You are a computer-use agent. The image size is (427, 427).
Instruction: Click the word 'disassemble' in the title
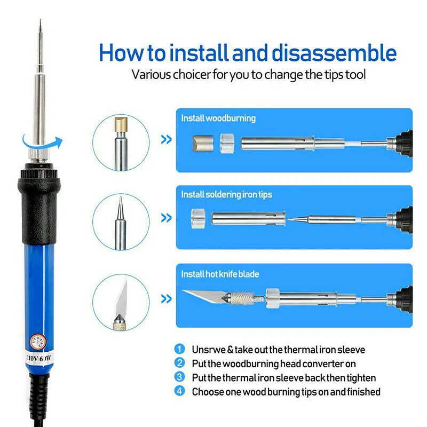tap(334, 52)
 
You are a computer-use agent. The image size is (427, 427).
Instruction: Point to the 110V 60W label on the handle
tap(39, 358)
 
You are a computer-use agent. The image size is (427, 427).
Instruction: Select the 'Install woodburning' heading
tap(218, 118)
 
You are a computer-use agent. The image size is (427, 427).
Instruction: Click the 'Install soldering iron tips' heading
tap(226, 195)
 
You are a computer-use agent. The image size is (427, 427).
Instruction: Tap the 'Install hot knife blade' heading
tap(220, 274)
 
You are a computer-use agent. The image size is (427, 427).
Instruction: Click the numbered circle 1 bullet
tap(179, 349)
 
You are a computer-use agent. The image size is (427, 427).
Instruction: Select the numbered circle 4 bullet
tap(179, 391)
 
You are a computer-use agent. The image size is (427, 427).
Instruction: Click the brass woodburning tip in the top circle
tap(122, 124)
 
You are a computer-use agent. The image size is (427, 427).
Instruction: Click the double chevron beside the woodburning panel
tap(167, 139)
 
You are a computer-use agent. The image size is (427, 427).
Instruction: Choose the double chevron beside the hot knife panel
tap(167, 299)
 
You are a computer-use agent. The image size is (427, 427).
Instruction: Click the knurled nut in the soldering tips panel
tap(198, 218)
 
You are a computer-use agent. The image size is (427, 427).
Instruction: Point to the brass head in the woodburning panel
tap(203, 144)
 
